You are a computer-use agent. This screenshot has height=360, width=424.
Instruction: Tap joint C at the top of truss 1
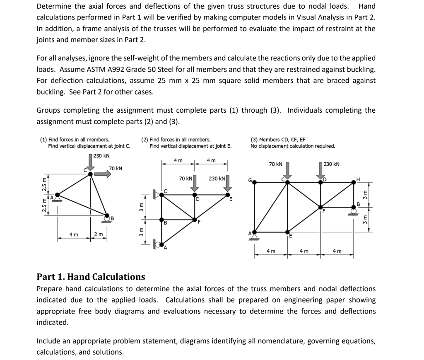click(91, 174)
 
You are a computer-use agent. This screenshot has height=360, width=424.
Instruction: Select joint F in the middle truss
click(194, 219)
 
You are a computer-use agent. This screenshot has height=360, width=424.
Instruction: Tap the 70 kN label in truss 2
click(185, 179)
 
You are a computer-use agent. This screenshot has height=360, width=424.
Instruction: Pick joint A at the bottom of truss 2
click(162, 244)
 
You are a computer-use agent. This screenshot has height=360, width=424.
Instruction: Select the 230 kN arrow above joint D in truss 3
click(320, 171)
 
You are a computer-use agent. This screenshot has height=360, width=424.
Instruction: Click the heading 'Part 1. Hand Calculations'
click(91, 277)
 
